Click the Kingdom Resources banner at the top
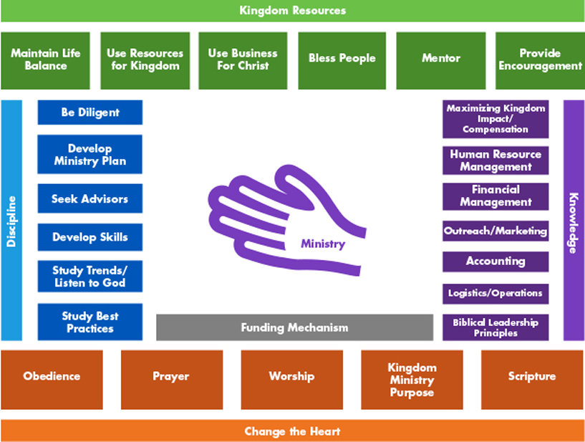[x=292, y=11]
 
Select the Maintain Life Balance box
[x=46, y=60]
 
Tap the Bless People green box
[x=342, y=60]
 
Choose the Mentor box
[x=441, y=60]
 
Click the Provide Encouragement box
[x=540, y=60]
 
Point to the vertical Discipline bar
[x=11, y=220]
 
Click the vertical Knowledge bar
[x=574, y=220]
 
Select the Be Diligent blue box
[x=90, y=112]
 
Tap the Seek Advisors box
[x=90, y=198]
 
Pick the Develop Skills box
[x=90, y=237]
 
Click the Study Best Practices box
[x=90, y=322]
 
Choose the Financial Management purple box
[x=495, y=196]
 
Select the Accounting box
[x=495, y=261]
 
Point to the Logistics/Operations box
[x=495, y=294]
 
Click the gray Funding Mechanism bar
[x=295, y=327]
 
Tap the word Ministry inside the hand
[x=323, y=244]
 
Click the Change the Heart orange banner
[x=292, y=431]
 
